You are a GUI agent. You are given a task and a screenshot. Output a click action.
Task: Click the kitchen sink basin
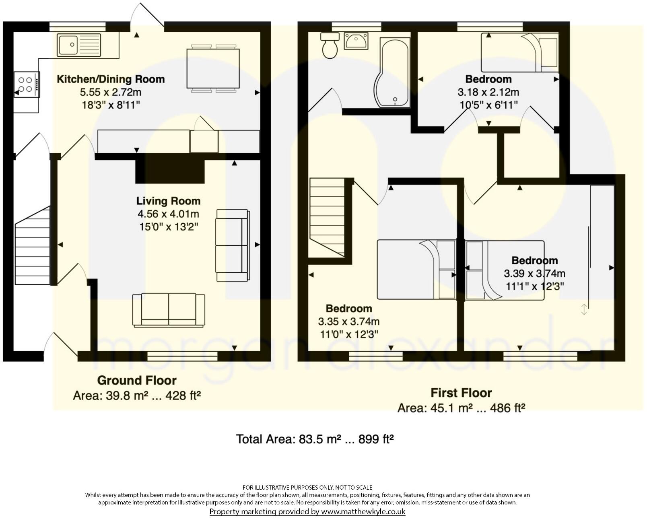pyautogui.click(x=68, y=45)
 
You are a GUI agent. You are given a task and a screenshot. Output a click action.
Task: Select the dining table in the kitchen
pyautogui.click(x=213, y=68)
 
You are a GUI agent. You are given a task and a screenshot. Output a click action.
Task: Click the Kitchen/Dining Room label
pyautogui.click(x=111, y=79)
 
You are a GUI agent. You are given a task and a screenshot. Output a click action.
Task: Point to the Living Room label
pyautogui.click(x=168, y=201)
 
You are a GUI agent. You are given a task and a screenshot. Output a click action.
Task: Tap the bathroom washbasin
pyautogui.click(x=356, y=41)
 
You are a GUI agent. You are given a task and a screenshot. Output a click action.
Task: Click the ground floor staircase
pyautogui.click(x=32, y=249)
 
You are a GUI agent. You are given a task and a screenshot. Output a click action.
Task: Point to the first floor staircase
pyautogui.click(x=327, y=217)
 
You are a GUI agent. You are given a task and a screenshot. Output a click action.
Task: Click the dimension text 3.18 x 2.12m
pyautogui.click(x=488, y=92)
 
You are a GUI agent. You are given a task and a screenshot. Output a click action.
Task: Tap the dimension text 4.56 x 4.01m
pyautogui.click(x=168, y=214)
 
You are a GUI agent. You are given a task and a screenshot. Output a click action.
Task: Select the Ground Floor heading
pyautogui.click(x=137, y=380)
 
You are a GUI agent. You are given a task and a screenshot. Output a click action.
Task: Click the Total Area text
pyautogui.click(x=314, y=439)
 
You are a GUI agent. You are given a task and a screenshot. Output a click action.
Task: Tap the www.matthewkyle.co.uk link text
pyautogui.click(x=363, y=512)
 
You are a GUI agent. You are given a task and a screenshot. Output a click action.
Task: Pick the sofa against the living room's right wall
pyautogui.click(x=232, y=245)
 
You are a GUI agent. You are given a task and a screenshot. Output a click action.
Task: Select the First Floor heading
pyautogui.click(x=461, y=393)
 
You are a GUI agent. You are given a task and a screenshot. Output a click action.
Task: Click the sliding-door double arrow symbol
pyautogui.click(x=584, y=309)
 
